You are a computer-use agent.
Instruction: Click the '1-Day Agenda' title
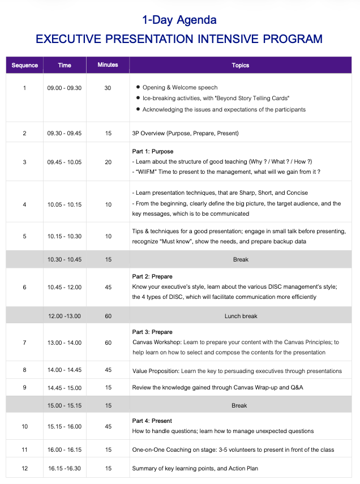tap(179, 20)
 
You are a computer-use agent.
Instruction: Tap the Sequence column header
tap(25, 65)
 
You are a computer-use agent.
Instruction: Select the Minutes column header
tap(108, 65)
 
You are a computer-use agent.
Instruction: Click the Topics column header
tap(241, 65)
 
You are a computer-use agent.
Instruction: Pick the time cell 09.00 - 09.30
tap(65, 88)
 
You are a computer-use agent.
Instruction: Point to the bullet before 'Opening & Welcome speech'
tap(138, 88)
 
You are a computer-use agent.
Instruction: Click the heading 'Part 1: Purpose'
tap(153, 152)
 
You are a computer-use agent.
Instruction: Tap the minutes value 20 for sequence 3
tap(108, 162)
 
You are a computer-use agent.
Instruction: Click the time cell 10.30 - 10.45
tap(65, 259)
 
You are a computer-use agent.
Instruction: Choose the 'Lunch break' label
tap(241, 316)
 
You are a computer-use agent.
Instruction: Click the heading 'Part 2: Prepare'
tap(153, 277)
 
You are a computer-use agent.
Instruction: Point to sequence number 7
tap(24, 342)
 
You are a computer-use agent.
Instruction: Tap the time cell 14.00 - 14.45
tap(65, 371)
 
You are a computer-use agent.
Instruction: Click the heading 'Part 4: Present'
tap(152, 421)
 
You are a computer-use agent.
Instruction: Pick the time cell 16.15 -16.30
tap(65, 468)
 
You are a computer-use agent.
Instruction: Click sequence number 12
tap(24, 468)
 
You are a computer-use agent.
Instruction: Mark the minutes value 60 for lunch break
tap(108, 316)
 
